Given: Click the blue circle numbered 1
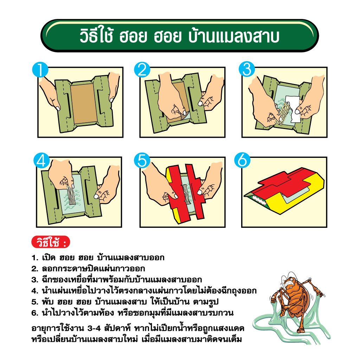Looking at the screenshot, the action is [x=40, y=70].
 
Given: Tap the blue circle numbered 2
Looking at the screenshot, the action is [x=142, y=70].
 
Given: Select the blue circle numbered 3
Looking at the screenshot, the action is [x=247, y=69].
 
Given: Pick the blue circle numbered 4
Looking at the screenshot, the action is [x=41, y=160].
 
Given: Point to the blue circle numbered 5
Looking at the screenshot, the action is [x=142, y=160].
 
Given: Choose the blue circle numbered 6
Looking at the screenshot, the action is [x=243, y=160].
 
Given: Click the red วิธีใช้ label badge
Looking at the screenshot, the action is [x=51, y=242].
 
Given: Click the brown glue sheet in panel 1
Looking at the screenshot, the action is [x=84, y=103].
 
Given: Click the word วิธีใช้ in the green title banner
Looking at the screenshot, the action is [x=96, y=36].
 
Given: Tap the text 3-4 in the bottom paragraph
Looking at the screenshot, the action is [x=94, y=328].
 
